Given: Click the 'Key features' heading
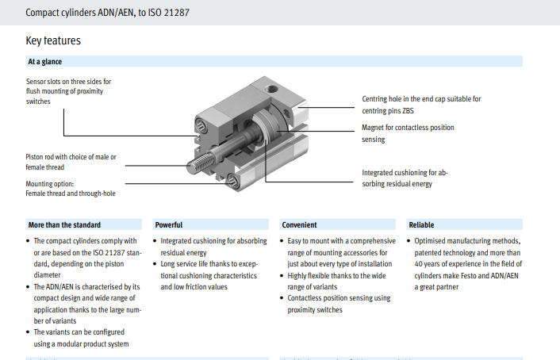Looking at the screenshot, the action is (53, 40).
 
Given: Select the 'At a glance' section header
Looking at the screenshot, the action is (45, 61).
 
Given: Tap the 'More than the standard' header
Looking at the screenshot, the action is (64, 225).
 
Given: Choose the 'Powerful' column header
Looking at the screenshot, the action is (169, 225).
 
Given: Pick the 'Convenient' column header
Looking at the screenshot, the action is (299, 225).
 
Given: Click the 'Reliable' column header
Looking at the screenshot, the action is (421, 225).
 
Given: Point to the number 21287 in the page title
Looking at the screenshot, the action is (176, 13).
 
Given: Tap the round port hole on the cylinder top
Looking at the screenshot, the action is (273, 88).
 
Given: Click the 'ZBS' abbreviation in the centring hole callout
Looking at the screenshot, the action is (408, 111).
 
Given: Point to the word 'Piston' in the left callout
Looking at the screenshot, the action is (35, 157).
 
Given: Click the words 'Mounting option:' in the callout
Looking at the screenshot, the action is (50, 184).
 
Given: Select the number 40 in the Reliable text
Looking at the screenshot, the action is (418, 264).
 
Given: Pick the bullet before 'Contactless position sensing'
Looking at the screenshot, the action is (282, 298).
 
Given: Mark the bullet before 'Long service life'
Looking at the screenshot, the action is (155, 264).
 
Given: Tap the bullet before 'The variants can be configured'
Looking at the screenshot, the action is (28, 332).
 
